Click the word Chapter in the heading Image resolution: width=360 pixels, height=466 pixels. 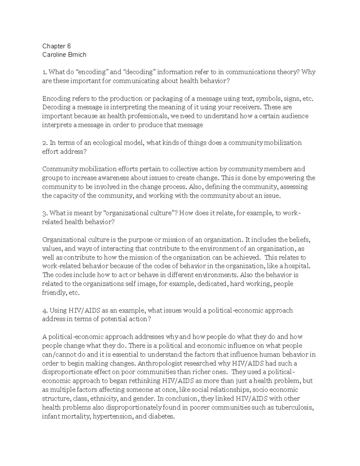(53, 46)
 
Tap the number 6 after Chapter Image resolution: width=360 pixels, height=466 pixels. (69, 46)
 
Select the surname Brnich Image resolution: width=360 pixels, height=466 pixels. (77, 55)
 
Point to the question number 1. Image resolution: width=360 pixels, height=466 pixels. (44, 72)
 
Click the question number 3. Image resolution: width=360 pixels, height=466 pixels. (44, 213)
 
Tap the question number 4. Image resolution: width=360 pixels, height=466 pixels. (44, 311)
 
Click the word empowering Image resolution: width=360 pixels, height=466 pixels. (285, 178)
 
